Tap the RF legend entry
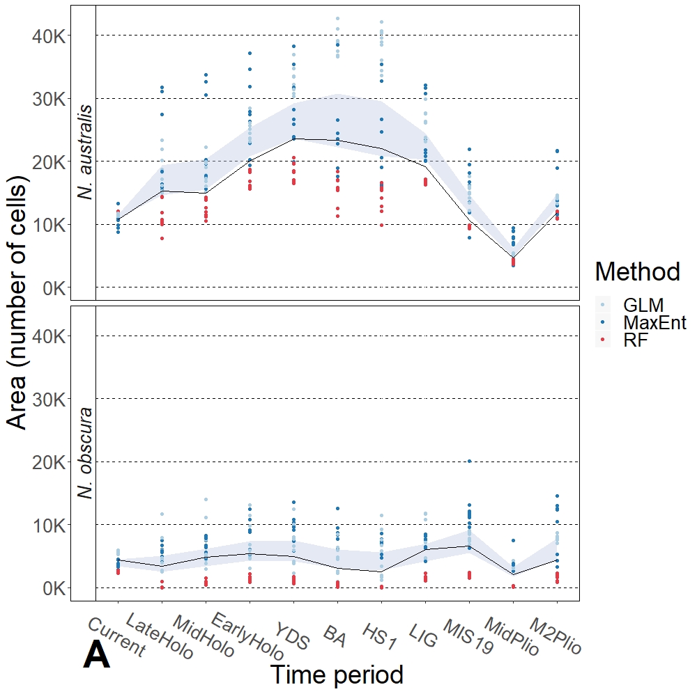(x=636, y=341)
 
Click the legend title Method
(x=637, y=271)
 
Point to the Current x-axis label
(x=116, y=637)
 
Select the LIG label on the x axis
(x=422, y=636)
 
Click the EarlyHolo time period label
(x=247, y=637)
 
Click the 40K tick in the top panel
(x=51, y=36)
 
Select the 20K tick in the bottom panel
(x=51, y=462)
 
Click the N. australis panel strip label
(x=85, y=152)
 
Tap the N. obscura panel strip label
(x=85, y=453)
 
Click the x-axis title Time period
(x=337, y=675)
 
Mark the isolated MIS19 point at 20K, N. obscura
(x=470, y=461)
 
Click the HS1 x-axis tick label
(x=378, y=636)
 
